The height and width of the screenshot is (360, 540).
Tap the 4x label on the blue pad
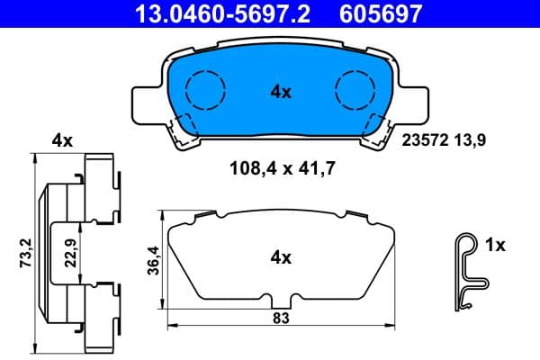[x=281, y=90]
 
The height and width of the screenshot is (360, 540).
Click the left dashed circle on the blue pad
[x=204, y=89]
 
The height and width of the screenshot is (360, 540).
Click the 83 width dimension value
[x=281, y=318]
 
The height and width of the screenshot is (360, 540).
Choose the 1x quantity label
[x=496, y=244]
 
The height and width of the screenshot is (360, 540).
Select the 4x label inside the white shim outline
[x=281, y=257]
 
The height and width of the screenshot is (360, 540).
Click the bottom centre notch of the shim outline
[x=281, y=300]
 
